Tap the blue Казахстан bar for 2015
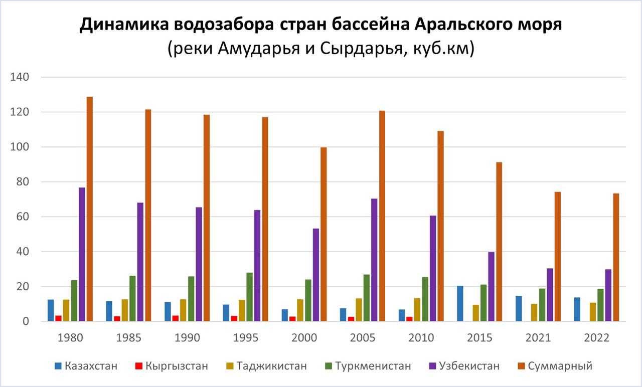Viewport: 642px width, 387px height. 460,303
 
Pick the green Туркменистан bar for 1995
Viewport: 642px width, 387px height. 249,297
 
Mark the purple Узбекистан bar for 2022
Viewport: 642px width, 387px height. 608,295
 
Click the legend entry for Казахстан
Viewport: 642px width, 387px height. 86,365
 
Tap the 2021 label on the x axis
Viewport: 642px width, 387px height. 538,338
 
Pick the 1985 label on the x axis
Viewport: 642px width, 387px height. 128,338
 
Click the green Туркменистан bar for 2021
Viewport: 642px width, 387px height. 542,305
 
